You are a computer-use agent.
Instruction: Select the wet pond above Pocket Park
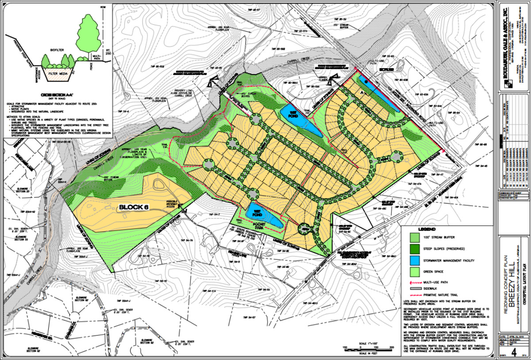263,214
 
